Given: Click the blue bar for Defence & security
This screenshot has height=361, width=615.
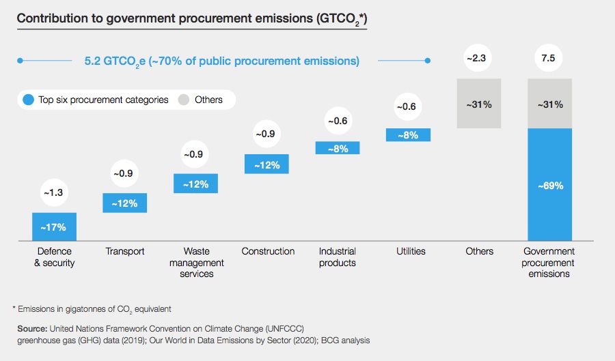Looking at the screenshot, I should coord(54,227).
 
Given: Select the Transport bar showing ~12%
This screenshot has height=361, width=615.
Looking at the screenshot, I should coord(124,203).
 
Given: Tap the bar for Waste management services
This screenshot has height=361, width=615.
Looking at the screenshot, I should coord(195,184).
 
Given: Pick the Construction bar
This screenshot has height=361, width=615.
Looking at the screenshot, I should coord(266,164).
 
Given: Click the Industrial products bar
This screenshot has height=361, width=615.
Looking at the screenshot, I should coord(338,147).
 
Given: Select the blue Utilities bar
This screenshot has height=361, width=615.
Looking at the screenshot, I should coord(408,135).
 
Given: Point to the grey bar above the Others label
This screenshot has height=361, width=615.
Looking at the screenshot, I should coord(479,104).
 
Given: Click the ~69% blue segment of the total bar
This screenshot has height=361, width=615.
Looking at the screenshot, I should coord(549,185).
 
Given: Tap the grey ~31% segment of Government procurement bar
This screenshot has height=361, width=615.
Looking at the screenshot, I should coord(549,104).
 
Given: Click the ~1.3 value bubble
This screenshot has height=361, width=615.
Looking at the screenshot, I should coord(54,193).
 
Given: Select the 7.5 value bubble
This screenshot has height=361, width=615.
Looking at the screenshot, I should coord(548,59).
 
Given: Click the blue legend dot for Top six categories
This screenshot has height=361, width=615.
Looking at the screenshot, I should coord(28,100).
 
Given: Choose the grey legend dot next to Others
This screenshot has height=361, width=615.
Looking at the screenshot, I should coord(183,100).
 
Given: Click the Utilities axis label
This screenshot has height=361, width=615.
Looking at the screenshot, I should coord(411,251).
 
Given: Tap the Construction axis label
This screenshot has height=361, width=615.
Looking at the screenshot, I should coord(268,251).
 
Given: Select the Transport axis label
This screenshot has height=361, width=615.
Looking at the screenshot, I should coord(125,251).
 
